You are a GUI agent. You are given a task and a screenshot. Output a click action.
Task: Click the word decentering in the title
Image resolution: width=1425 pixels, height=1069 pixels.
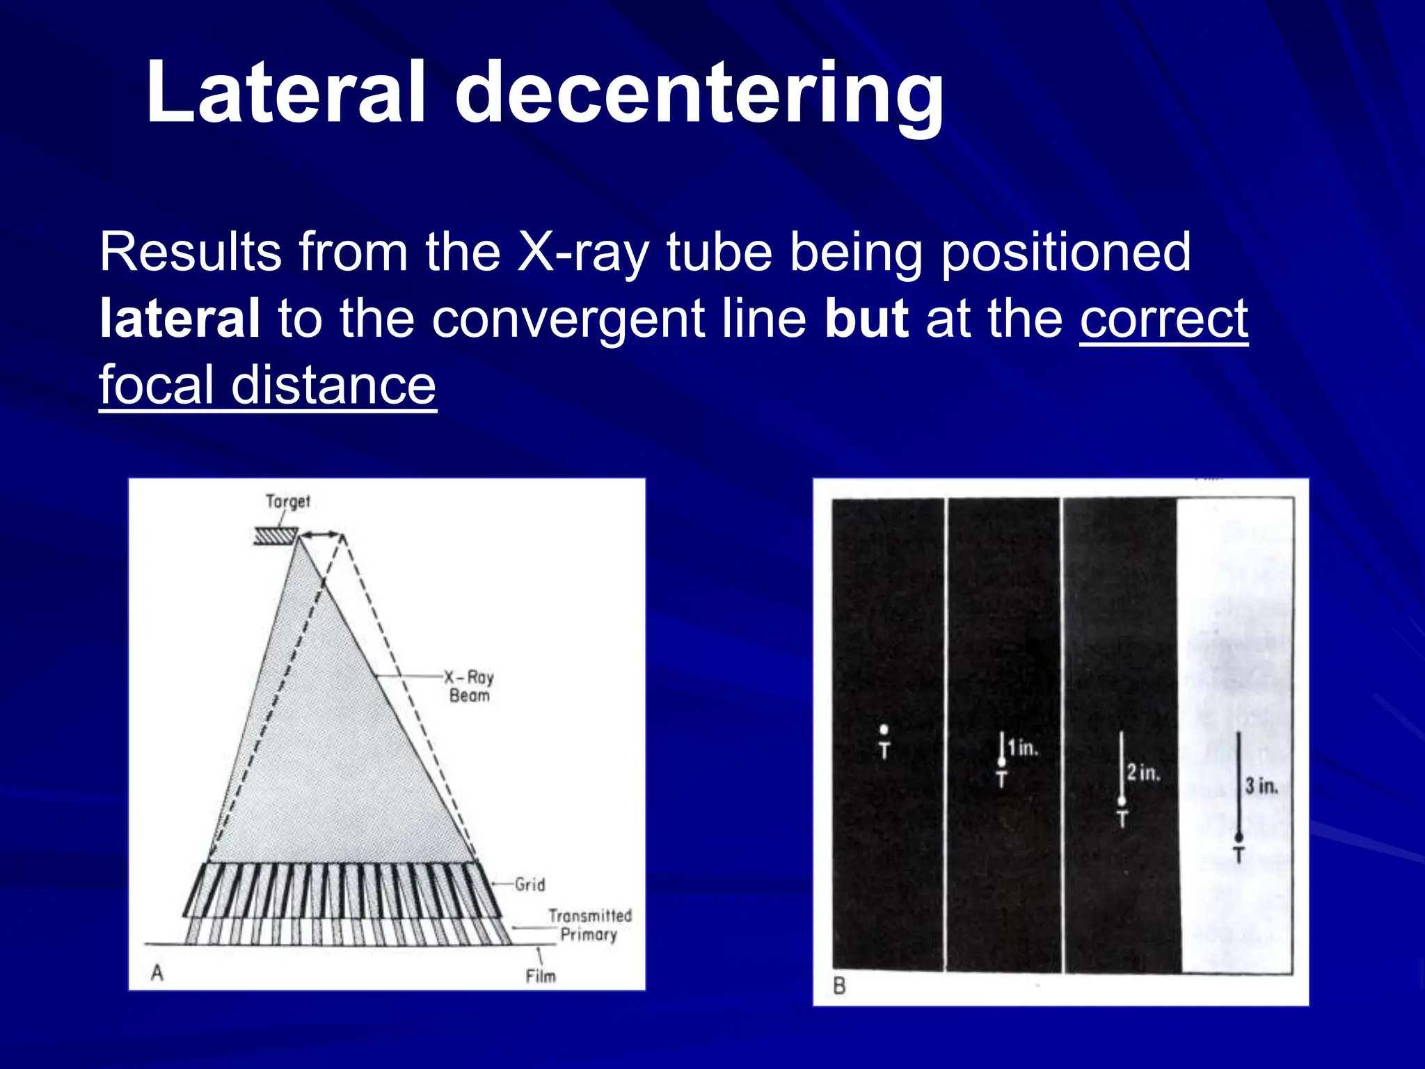point(699,94)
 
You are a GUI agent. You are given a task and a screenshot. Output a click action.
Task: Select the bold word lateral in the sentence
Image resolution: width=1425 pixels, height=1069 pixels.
point(180,318)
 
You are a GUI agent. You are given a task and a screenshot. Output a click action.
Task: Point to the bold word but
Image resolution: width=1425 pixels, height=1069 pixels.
point(866,318)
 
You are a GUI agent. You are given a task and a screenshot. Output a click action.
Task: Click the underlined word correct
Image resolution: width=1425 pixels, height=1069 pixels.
point(1164,318)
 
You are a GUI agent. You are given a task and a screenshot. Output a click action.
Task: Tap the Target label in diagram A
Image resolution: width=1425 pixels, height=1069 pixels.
point(287,501)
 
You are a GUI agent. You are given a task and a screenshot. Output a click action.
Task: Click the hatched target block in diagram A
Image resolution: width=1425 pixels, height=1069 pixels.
point(276,536)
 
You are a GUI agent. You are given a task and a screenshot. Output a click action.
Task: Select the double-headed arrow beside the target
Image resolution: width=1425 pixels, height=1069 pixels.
point(321,534)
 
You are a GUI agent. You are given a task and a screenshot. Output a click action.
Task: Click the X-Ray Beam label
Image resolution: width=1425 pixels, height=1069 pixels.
point(469,686)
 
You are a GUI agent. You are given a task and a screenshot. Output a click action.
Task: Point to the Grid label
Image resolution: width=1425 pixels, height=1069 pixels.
point(530,885)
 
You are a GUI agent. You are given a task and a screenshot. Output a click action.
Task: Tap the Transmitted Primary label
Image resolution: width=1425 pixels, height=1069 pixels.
point(589,925)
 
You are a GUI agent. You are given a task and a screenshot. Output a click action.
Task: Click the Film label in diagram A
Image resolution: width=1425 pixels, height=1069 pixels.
point(541,976)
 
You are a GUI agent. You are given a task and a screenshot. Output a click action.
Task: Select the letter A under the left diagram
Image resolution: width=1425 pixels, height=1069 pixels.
point(157,972)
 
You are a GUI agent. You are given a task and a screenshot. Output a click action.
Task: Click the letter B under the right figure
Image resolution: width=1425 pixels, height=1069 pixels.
point(839,985)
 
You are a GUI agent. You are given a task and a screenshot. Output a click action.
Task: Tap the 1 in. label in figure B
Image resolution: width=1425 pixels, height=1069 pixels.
point(1022,748)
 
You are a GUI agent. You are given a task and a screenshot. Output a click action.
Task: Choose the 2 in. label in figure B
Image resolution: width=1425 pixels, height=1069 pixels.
point(1143,773)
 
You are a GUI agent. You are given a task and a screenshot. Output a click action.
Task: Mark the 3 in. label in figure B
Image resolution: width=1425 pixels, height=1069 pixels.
point(1261,786)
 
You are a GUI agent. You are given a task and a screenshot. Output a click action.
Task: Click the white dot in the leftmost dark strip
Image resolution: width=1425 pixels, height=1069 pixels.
point(884,729)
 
